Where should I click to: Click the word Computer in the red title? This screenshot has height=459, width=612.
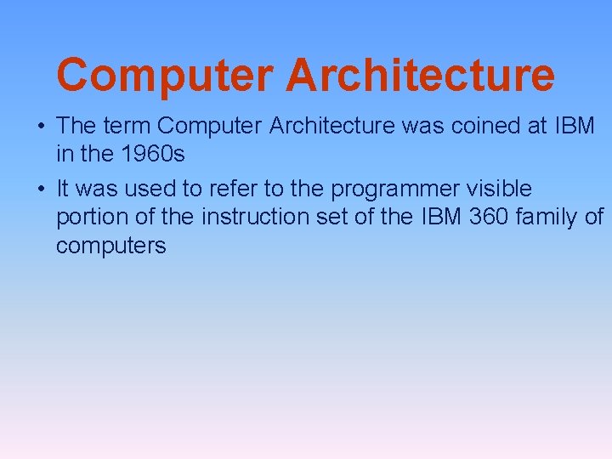click(164, 75)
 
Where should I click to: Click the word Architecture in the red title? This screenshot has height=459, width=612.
click(420, 75)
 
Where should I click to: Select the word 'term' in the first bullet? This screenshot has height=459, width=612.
click(127, 127)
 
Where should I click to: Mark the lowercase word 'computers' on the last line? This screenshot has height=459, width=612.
click(111, 246)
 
